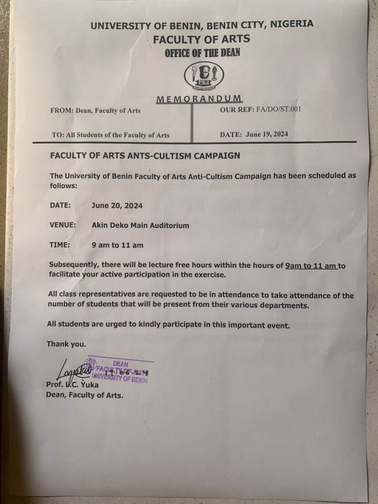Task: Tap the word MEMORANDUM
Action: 199,99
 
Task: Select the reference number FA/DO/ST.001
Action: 278,109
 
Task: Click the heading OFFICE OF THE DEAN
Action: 202,53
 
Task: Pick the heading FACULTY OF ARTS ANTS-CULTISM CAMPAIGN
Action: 145,156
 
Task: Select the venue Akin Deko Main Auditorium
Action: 140,225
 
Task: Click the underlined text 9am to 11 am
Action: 311,266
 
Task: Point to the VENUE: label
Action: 63,225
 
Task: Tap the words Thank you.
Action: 66,344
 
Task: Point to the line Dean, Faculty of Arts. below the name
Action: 85,394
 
